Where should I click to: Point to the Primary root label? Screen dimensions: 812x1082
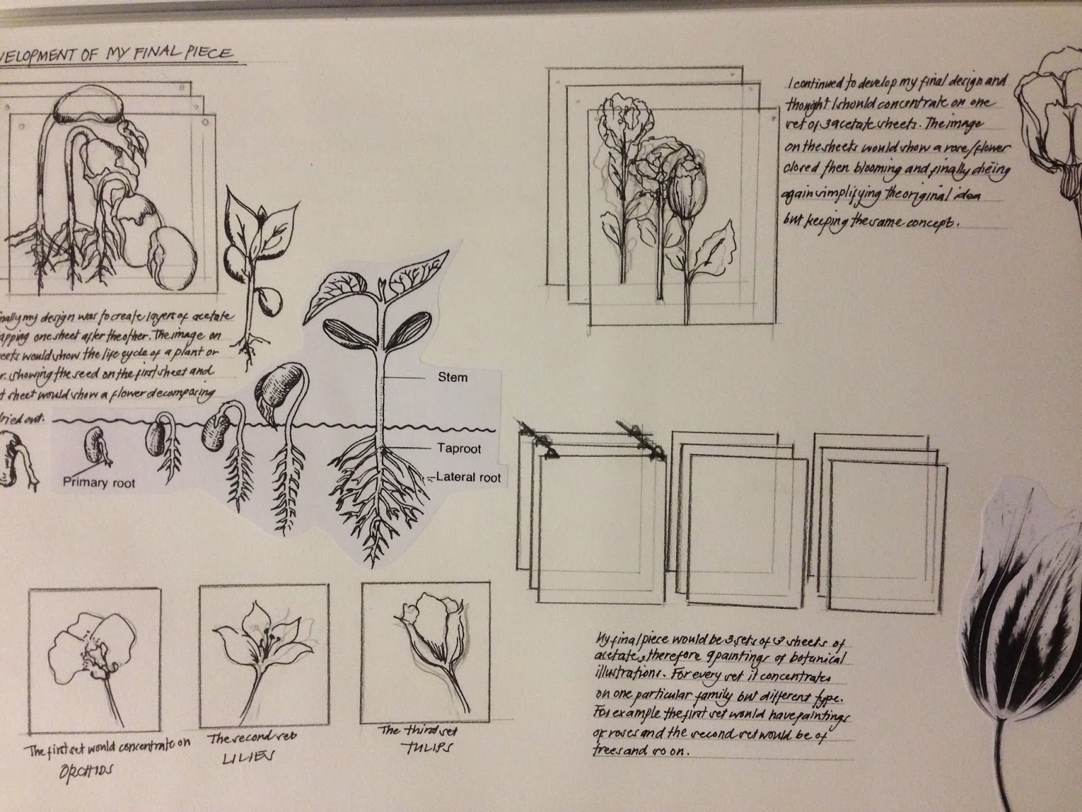pyautogui.click(x=99, y=482)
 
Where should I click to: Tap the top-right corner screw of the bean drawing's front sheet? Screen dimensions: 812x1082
pyautogui.click(x=206, y=122)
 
